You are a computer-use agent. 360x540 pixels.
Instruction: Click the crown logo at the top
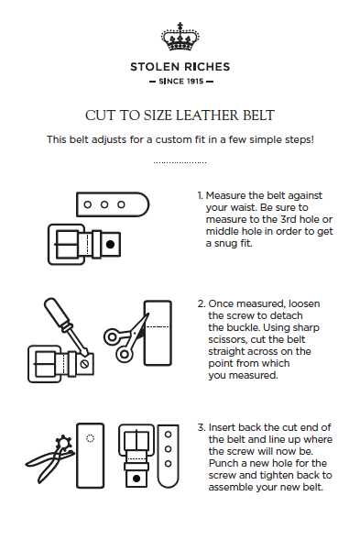(x=180, y=39)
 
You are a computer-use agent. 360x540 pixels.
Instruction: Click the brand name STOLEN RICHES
(x=180, y=67)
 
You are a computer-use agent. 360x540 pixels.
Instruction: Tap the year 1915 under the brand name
(x=191, y=82)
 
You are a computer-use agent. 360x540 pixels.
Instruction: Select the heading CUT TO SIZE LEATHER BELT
(x=180, y=116)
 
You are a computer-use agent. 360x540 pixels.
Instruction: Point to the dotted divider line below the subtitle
(x=180, y=162)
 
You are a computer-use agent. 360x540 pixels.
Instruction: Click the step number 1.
(x=200, y=196)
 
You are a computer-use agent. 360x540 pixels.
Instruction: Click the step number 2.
(x=201, y=303)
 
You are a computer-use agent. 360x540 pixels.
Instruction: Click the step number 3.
(x=201, y=428)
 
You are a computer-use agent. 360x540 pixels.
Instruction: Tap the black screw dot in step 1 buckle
(x=110, y=246)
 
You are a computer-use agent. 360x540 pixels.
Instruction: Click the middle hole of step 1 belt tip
(x=106, y=204)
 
